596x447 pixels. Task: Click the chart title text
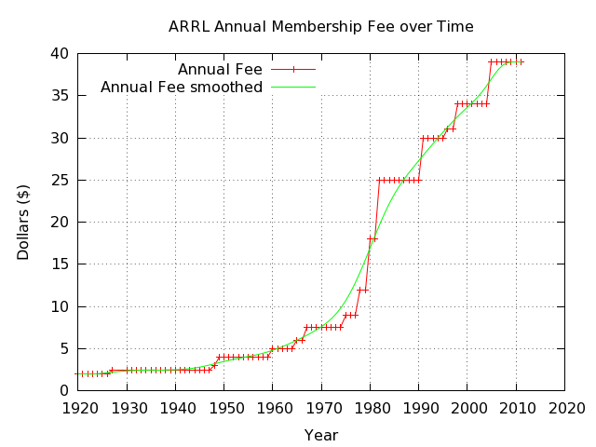pos(320,27)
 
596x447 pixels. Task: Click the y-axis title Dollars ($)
pos(23,222)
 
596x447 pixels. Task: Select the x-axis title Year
pos(320,435)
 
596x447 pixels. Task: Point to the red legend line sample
pos(292,70)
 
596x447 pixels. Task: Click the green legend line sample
pos(292,88)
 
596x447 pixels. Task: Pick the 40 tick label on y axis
pos(59,54)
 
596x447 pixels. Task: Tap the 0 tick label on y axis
pos(63,390)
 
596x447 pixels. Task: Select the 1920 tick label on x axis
pos(78,408)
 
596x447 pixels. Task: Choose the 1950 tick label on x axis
pos(223,408)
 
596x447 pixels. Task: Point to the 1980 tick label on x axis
pos(370,408)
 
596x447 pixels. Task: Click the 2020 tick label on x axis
pos(564,408)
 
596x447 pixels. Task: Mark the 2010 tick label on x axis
pos(515,408)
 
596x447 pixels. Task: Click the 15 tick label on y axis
pos(59,264)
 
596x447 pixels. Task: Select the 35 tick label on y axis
pos(59,96)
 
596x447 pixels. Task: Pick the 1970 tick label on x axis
pos(321,408)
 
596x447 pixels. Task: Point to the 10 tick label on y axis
pos(59,306)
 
